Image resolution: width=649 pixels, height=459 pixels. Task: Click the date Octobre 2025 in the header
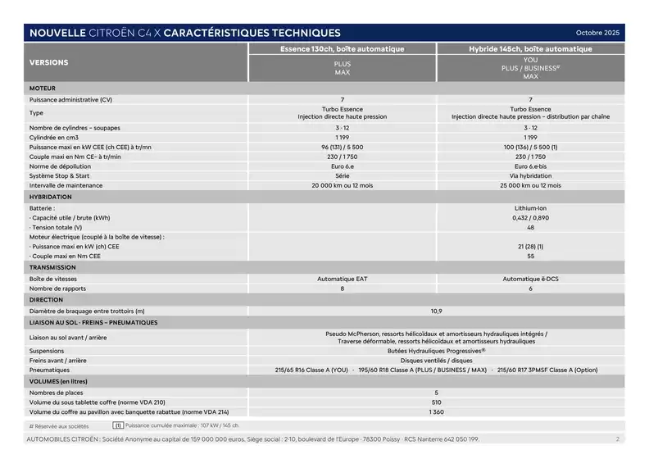(x=598, y=33)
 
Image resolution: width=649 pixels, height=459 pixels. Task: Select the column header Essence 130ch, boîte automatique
(x=343, y=49)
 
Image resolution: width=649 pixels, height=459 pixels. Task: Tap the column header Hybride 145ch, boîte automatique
(x=530, y=49)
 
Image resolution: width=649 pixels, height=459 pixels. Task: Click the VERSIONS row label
(x=48, y=62)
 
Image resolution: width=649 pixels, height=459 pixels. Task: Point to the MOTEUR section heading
(x=43, y=88)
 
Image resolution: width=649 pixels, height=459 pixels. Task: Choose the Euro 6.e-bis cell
(x=530, y=166)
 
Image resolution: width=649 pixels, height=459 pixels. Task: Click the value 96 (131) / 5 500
(x=343, y=147)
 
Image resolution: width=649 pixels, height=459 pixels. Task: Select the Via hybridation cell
(x=530, y=175)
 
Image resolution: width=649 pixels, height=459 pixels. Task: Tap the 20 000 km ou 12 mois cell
(x=343, y=185)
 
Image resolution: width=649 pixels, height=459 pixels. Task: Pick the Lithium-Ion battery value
(x=530, y=208)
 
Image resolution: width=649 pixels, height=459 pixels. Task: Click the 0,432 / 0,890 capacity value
(x=530, y=218)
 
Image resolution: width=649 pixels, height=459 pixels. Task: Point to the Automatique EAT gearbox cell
(x=343, y=279)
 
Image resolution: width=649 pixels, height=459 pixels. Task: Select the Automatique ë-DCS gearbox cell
(x=530, y=279)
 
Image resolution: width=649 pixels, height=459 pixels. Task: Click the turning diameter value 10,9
(x=436, y=311)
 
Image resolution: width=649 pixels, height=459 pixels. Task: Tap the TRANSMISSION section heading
(x=52, y=267)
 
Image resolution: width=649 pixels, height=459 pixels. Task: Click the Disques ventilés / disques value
(x=436, y=361)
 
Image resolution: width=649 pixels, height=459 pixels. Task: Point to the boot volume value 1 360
(x=436, y=412)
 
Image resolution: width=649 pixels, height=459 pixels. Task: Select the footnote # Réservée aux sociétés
(x=58, y=426)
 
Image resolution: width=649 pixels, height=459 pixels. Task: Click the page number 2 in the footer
(x=617, y=439)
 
